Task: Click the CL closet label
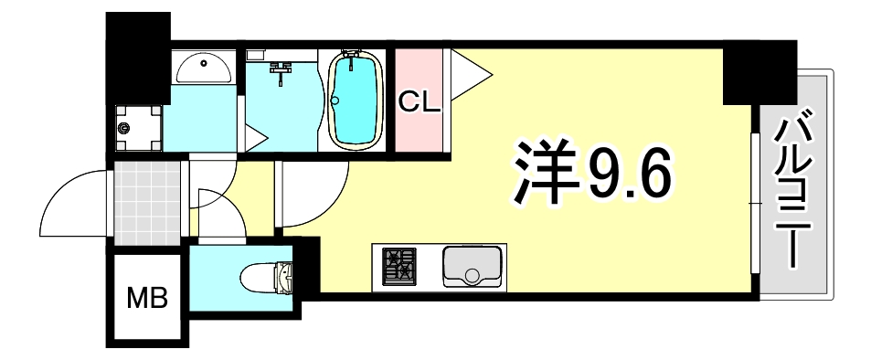click(x=419, y=101)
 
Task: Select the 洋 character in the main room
click(x=540, y=174)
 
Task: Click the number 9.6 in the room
click(x=628, y=175)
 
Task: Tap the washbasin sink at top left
click(x=203, y=67)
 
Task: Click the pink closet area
click(x=419, y=128)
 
